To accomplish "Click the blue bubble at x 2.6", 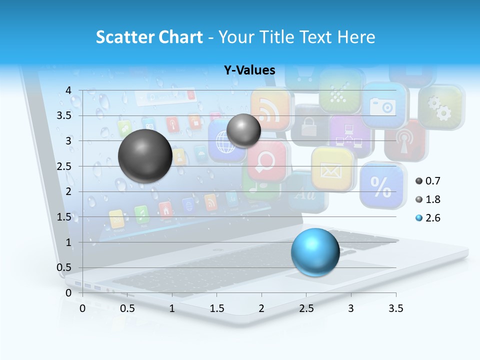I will pyautogui.click(x=315, y=251).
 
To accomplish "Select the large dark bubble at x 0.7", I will pyautogui.click(x=145, y=156).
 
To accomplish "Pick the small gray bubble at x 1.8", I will pyautogui.click(x=243, y=130).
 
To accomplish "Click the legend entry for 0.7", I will pyautogui.click(x=428, y=180).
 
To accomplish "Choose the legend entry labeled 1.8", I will pyautogui.click(x=428, y=199).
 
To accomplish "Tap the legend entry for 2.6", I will pyautogui.click(x=428, y=218).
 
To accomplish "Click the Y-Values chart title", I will pyautogui.click(x=249, y=70).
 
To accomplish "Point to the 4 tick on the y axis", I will pyautogui.click(x=68, y=90).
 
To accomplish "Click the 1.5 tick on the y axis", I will pyautogui.click(x=65, y=217).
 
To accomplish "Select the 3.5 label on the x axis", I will pyautogui.click(x=395, y=308).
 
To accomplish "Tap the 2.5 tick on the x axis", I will pyautogui.click(x=306, y=308).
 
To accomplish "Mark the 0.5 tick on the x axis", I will pyautogui.click(x=127, y=308).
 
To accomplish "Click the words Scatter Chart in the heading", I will pyautogui.click(x=149, y=37).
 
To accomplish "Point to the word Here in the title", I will pyautogui.click(x=355, y=37).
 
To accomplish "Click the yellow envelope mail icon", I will pyautogui.click(x=330, y=169).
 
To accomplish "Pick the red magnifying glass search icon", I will pyautogui.click(x=267, y=160).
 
